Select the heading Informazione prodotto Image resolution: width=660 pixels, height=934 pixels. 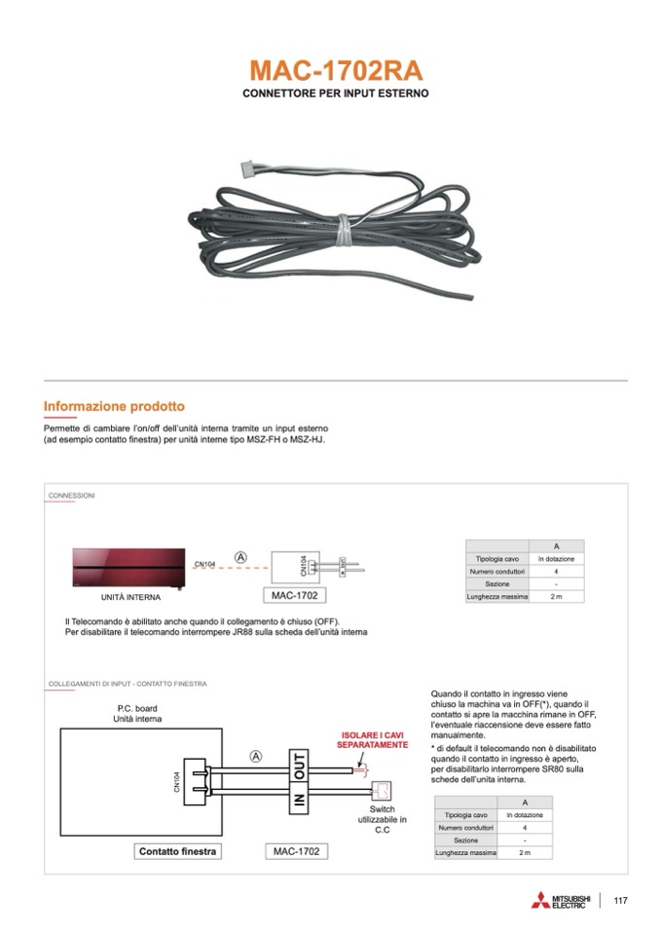click(114, 406)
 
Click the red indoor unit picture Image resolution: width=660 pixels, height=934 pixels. click(128, 566)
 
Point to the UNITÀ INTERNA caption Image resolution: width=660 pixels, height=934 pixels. click(131, 597)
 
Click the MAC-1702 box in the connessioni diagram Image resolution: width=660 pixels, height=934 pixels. click(294, 594)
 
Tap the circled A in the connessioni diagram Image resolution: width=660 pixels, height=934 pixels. click(240, 557)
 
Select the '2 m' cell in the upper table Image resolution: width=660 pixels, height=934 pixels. click(556, 596)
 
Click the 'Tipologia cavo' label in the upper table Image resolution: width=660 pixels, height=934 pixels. click(496, 559)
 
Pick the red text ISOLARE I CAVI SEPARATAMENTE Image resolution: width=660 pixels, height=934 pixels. click(372, 739)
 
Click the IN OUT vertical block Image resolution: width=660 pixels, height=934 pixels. click(300, 780)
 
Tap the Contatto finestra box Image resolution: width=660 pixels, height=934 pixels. click(178, 851)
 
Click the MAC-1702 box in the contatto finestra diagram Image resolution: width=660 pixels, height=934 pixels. click(295, 851)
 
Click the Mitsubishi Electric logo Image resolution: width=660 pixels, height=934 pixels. click(561, 901)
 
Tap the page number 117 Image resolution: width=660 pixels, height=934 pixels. click(621, 901)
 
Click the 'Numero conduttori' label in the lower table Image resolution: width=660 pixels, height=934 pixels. click(465, 827)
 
